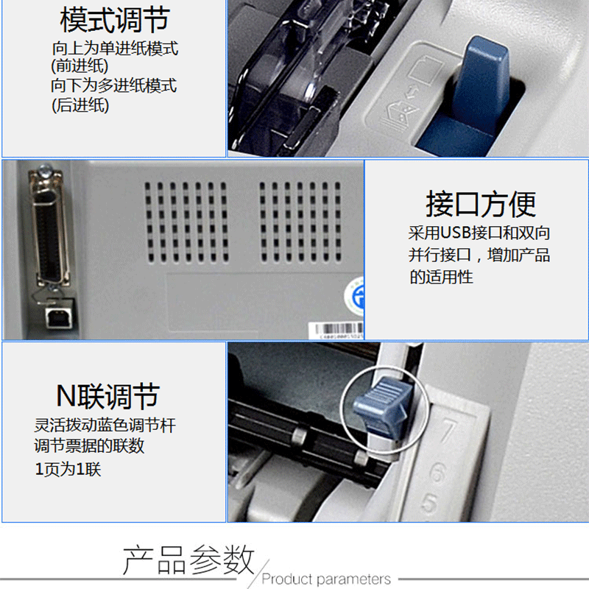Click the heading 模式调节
coord(115,20)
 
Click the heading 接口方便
coord(481,204)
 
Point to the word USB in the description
coord(455,233)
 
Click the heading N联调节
coord(107,396)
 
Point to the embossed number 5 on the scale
coord(430,502)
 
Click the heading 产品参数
coord(188,560)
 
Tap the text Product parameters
coord(326,579)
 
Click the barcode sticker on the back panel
coord(336,330)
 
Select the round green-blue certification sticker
coord(355,296)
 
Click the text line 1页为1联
coord(68,469)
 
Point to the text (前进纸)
coord(80,66)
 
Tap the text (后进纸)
coord(80,105)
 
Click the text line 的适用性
coord(441,278)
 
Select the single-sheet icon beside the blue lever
coord(427,70)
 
